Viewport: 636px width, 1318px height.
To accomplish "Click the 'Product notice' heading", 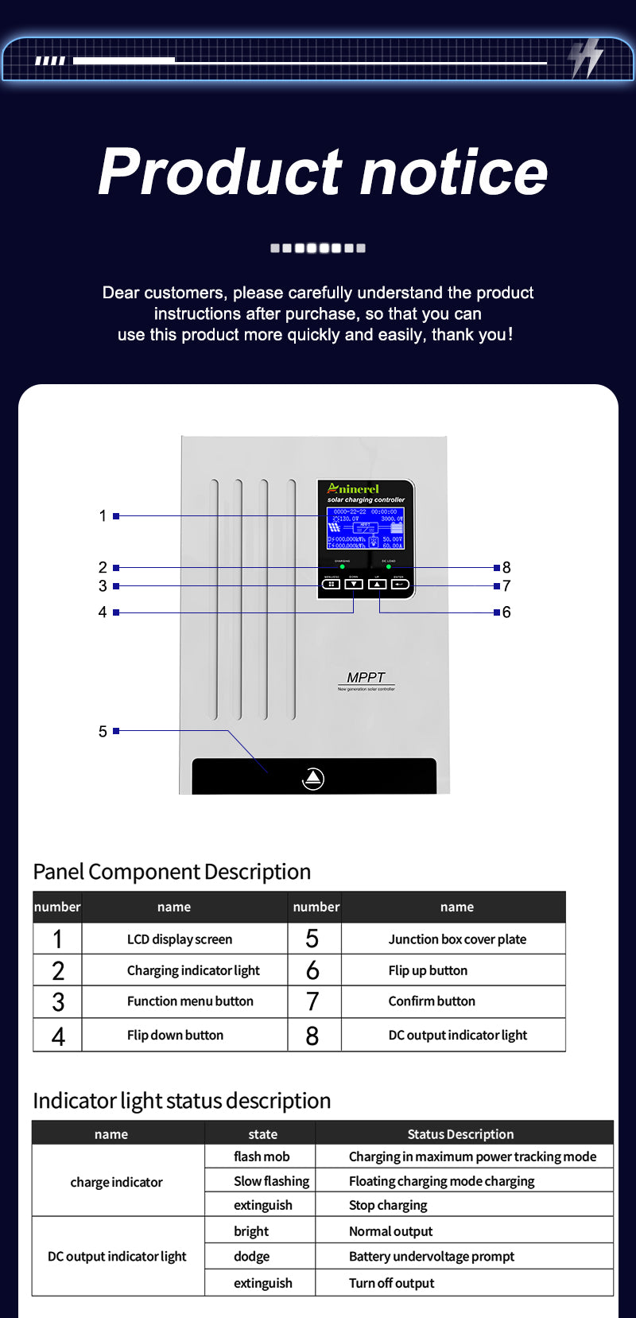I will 323,172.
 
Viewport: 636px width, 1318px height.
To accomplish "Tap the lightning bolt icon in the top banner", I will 586,58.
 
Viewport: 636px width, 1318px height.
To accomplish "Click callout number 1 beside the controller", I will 103,516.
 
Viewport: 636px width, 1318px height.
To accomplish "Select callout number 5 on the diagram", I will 103,731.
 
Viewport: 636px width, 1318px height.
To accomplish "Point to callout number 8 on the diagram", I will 506,568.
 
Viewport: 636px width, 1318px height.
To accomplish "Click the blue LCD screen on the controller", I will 366,528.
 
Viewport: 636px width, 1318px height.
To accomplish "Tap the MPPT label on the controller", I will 366,678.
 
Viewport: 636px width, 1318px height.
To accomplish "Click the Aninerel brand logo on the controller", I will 354,488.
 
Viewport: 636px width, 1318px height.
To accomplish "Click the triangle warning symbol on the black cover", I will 313,779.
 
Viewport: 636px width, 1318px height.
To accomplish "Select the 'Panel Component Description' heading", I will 172,872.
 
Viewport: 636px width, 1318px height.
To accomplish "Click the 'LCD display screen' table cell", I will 180,939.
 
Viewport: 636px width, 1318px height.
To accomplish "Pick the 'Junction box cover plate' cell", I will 457,939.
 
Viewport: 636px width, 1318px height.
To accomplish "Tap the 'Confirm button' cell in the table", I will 432,1001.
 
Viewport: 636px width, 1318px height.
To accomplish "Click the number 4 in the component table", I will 58,1036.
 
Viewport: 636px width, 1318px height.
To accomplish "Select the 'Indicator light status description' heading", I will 182,1101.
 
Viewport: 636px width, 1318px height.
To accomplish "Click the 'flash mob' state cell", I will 262,1157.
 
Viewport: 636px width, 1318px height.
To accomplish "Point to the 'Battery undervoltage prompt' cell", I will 432,1257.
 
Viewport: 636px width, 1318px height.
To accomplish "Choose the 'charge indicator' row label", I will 116,1182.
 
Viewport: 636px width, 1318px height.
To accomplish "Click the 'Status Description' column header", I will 460,1134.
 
